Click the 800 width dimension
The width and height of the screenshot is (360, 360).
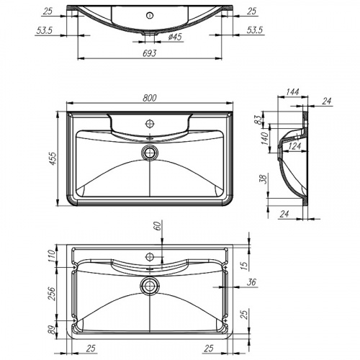[x=150, y=97]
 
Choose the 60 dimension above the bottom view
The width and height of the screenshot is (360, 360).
[x=158, y=228]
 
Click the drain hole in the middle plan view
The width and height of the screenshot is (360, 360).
[x=150, y=152]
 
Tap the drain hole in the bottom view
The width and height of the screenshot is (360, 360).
[x=150, y=286]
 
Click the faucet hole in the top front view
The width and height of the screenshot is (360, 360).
[x=150, y=14]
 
